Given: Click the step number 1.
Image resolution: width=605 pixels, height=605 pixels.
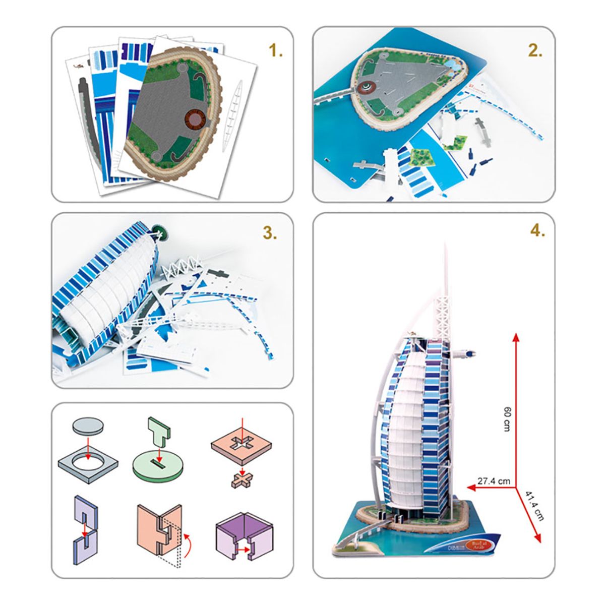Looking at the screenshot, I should coord(276,50).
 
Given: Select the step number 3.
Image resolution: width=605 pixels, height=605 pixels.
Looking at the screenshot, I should coord(270,233).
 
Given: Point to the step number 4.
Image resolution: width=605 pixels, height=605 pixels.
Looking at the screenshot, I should coord(537,230).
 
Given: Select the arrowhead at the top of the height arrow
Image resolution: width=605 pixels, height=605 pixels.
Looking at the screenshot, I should coord(516,337).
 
